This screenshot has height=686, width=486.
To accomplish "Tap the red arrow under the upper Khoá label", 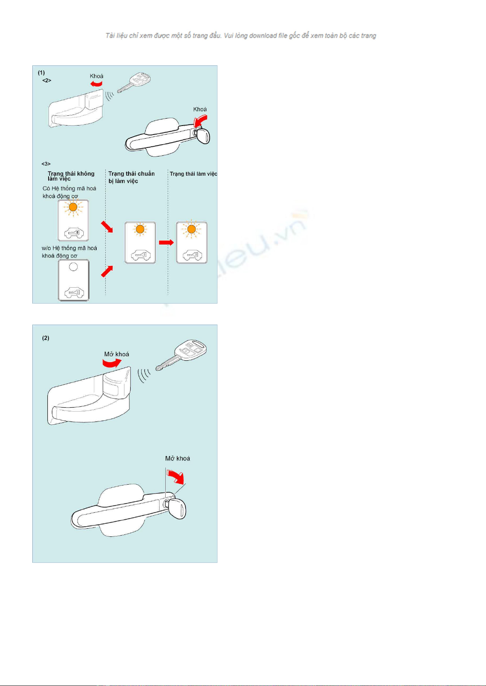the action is [x=96, y=84].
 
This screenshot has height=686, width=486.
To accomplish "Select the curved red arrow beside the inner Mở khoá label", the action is [x=112, y=363].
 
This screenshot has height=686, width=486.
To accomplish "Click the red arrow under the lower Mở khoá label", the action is [x=176, y=476].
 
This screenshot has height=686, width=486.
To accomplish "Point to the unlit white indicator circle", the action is [x=73, y=267].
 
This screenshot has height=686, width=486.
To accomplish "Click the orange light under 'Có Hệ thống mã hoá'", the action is [x=73, y=207].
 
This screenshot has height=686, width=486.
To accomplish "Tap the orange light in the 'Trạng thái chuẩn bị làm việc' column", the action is [x=140, y=229].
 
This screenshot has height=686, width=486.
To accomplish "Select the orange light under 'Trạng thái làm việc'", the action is [x=191, y=229].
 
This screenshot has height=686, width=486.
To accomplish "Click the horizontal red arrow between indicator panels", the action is [x=166, y=243].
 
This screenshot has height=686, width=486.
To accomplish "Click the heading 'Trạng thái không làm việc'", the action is [x=71, y=176].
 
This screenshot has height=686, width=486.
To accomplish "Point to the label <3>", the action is [x=46, y=164].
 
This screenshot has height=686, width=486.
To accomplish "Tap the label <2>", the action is [x=47, y=80].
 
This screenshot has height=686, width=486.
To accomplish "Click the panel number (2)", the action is [x=46, y=338].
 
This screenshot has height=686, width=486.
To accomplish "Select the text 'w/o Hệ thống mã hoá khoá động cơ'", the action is [x=69, y=252].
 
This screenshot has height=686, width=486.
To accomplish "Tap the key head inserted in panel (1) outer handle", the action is [x=203, y=136].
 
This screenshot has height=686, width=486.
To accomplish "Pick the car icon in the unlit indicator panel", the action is [x=74, y=293].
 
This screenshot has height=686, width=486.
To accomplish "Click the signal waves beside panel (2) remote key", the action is [x=144, y=375].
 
